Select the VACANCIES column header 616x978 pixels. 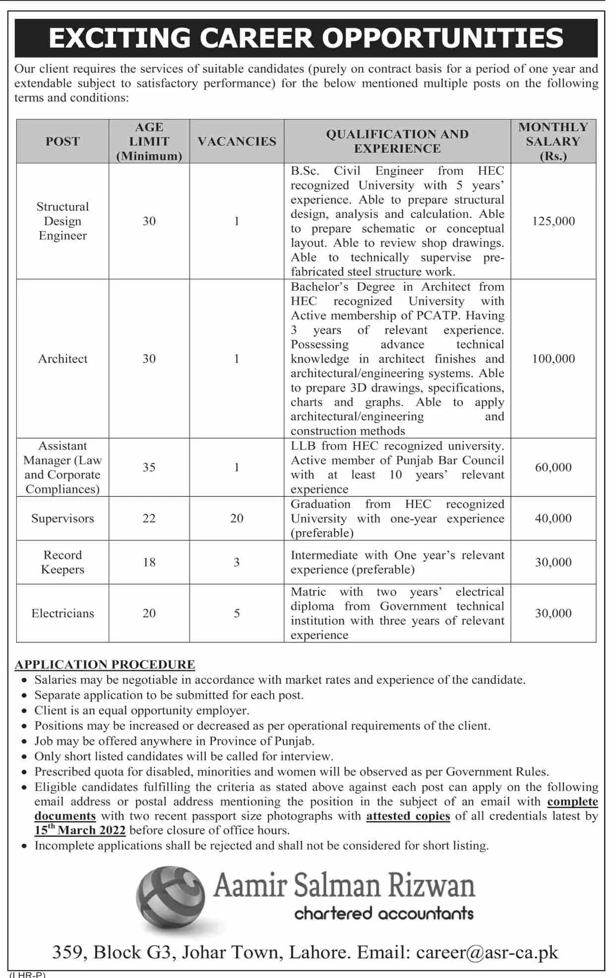tap(237, 141)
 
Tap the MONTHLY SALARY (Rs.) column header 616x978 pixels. tap(553, 141)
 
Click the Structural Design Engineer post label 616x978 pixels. tap(62, 221)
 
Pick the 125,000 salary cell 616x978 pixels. tap(553, 221)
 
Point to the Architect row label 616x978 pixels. tap(62, 359)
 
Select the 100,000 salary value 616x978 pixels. tap(553, 359)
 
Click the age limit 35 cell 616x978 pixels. tap(149, 467)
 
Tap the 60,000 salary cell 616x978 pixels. tap(553, 467)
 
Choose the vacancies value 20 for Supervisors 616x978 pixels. tap(237, 519)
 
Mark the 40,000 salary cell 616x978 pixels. tap(553, 519)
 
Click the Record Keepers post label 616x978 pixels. tap(62, 562)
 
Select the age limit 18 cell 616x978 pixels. tap(149, 562)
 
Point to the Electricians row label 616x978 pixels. tap(62, 613)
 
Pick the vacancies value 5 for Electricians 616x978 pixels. tap(237, 613)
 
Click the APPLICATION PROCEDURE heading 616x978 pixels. tap(105, 664)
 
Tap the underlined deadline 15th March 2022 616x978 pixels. tap(80, 831)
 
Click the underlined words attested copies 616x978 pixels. tap(408, 816)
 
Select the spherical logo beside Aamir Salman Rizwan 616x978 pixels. tap(171, 899)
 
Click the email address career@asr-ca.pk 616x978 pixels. tap(487, 953)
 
